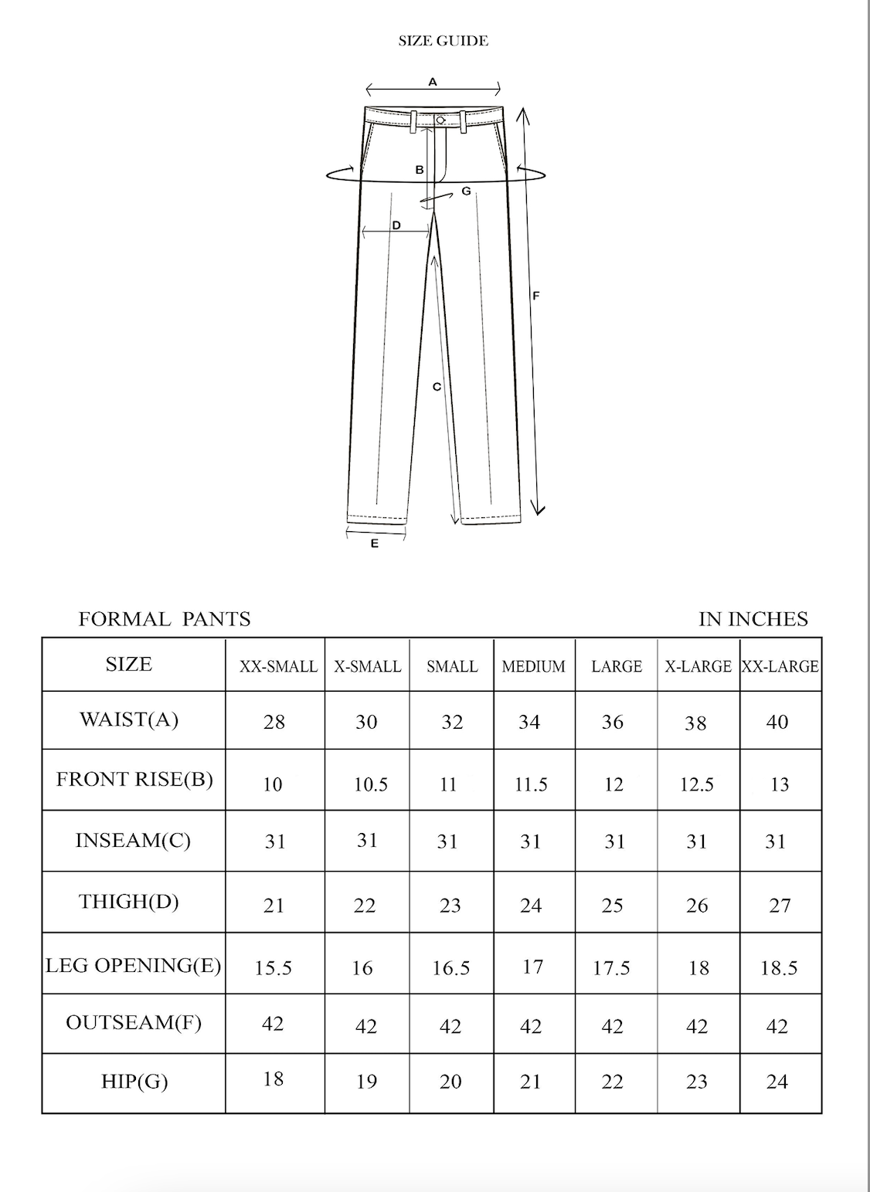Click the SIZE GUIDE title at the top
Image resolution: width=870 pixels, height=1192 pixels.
tap(443, 41)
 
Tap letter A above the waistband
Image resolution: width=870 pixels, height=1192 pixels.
tap(433, 82)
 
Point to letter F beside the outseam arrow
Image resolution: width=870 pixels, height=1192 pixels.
tap(536, 295)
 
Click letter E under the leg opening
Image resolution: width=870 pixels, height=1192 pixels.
tap(375, 544)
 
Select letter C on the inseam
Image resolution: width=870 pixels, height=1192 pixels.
tap(437, 387)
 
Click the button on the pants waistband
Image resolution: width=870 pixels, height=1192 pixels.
tap(440, 120)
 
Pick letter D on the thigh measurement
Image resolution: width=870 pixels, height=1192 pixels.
tap(396, 225)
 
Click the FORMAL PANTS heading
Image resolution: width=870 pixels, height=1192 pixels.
tap(165, 619)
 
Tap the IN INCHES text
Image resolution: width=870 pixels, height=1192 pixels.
tap(753, 619)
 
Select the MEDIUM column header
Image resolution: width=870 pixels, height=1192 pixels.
tap(533, 666)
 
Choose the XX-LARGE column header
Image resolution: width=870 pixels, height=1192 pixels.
tap(780, 666)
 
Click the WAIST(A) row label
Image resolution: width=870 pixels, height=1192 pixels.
tap(129, 720)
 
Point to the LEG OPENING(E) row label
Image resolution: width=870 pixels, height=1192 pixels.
tap(133, 965)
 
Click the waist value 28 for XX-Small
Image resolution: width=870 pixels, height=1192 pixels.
tap(274, 722)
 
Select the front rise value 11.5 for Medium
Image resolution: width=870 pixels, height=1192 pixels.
tap(531, 784)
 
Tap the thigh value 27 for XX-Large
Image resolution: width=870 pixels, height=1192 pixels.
tap(780, 905)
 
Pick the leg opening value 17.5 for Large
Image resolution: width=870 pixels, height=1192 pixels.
tap(611, 967)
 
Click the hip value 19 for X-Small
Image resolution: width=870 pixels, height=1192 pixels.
tap(366, 1081)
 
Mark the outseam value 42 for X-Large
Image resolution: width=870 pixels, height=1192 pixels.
tap(697, 1026)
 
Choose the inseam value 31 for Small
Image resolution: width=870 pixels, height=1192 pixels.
tap(447, 842)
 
